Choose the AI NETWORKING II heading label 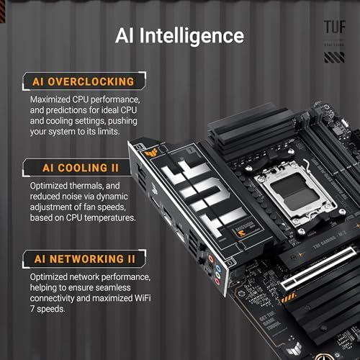coord(79,257)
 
